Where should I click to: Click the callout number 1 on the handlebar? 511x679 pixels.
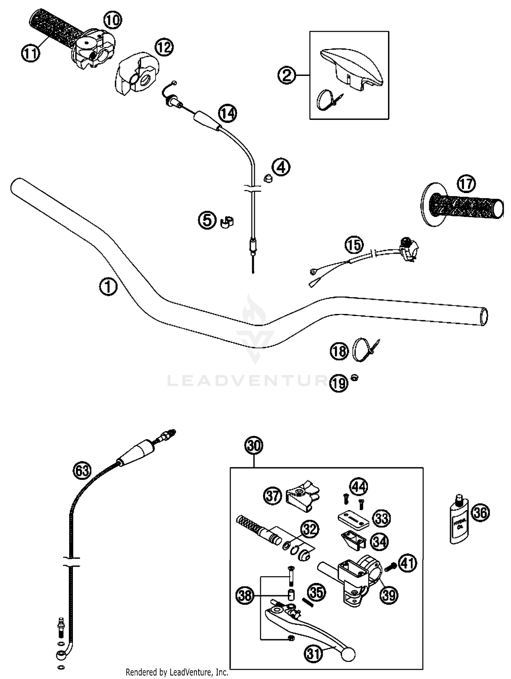(x=108, y=287)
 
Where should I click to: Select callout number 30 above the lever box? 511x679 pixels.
(x=254, y=446)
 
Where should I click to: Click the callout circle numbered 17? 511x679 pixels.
(x=466, y=185)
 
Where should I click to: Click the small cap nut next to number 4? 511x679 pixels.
(x=268, y=178)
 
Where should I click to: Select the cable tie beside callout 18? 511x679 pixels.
(x=363, y=349)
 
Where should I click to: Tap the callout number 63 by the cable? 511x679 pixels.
(x=82, y=471)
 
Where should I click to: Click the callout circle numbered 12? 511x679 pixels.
(x=164, y=48)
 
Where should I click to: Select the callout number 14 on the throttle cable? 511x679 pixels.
(x=228, y=113)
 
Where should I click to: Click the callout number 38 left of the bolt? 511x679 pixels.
(x=245, y=596)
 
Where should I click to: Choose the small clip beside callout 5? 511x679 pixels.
(x=226, y=222)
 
